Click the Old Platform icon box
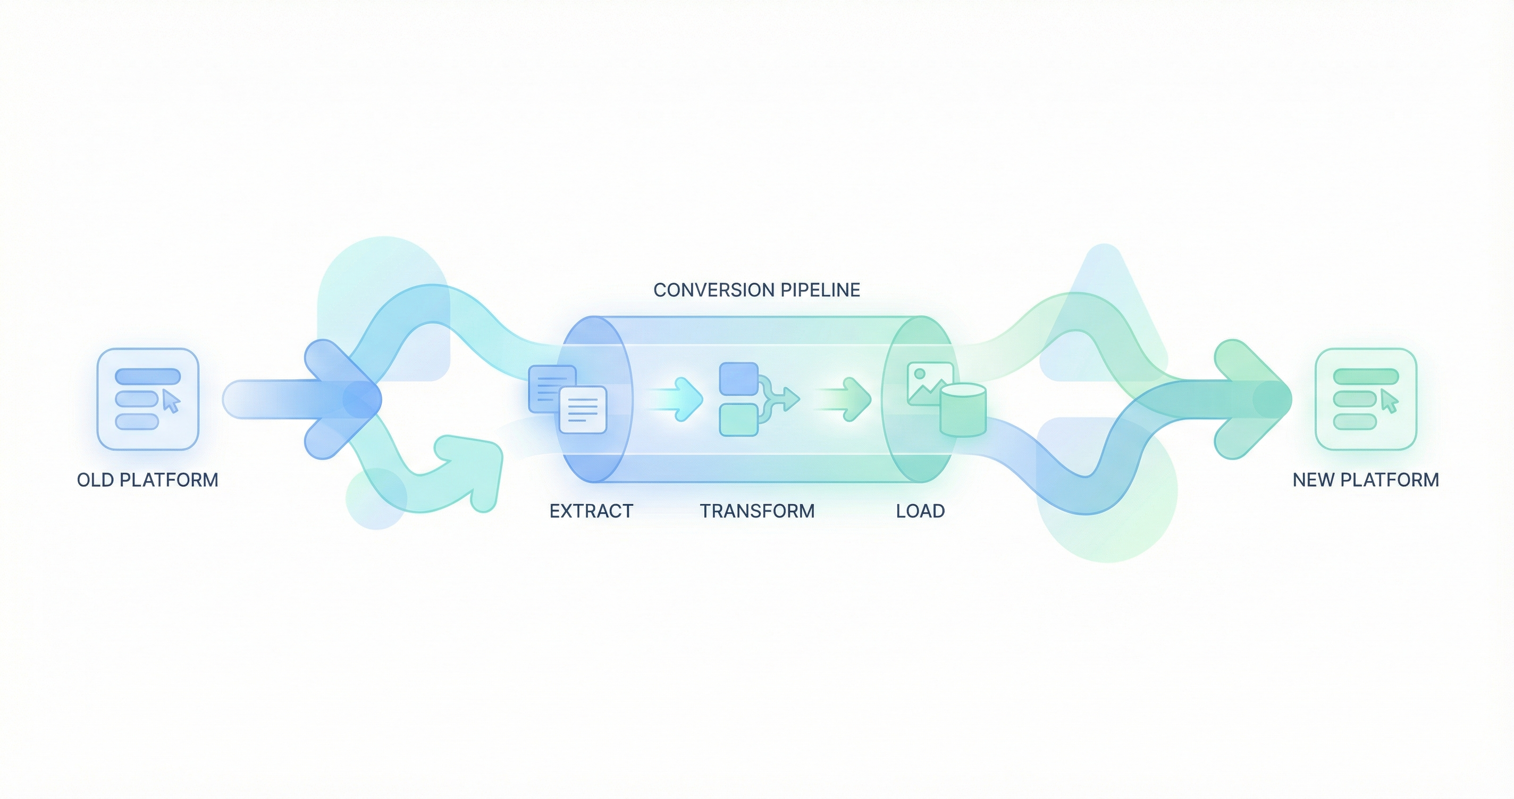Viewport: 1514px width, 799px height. [148, 399]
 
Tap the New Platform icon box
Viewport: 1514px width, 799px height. [1366, 399]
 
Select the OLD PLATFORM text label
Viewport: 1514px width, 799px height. [148, 480]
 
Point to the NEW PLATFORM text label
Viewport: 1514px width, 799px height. [1366, 480]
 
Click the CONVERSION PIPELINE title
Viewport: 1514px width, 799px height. [757, 290]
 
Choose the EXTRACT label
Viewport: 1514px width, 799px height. [591, 511]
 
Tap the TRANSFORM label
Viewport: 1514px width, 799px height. [757, 511]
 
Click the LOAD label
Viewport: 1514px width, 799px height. [920, 511]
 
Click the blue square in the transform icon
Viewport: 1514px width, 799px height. [739, 379]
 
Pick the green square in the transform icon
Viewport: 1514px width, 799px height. [739, 420]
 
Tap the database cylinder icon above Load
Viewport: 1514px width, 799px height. [963, 410]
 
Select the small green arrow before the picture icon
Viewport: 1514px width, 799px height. [849, 399]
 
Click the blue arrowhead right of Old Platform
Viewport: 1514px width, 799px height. [341, 399]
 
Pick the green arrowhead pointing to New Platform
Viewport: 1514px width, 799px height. [1252, 399]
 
